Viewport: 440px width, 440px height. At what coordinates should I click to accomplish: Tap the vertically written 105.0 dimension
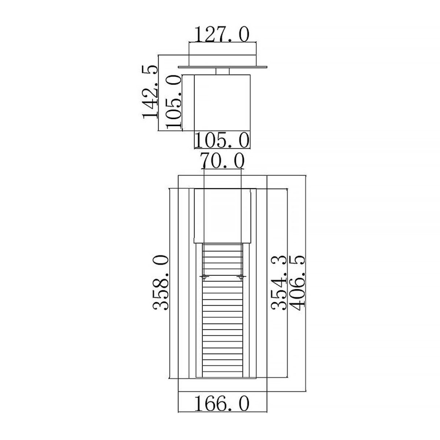click(x=173, y=103)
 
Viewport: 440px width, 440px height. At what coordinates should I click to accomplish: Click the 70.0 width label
click(x=222, y=161)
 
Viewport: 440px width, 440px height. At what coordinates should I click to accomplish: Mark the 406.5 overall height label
click(x=298, y=283)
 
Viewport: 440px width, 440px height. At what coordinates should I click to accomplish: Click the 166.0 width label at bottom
click(x=222, y=404)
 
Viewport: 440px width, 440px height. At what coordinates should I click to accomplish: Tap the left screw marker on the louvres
click(x=204, y=277)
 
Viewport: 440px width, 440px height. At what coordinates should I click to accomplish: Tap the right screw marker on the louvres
click(x=241, y=277)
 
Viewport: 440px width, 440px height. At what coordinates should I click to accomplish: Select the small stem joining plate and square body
click(x=222, y=71)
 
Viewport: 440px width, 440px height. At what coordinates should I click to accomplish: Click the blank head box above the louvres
click(x=223, y=215)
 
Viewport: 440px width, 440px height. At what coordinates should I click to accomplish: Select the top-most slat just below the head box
click(x=223, y=246)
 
